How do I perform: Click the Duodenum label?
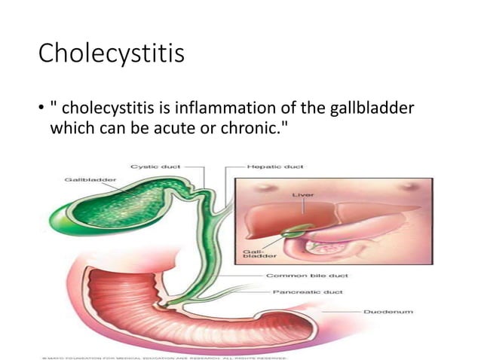[388, 310]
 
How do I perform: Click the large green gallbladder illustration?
[121, 203]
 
